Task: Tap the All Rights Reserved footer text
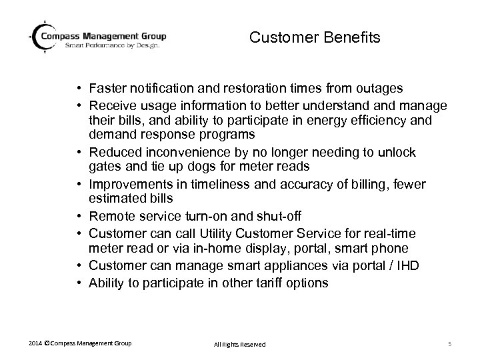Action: point(239,344)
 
